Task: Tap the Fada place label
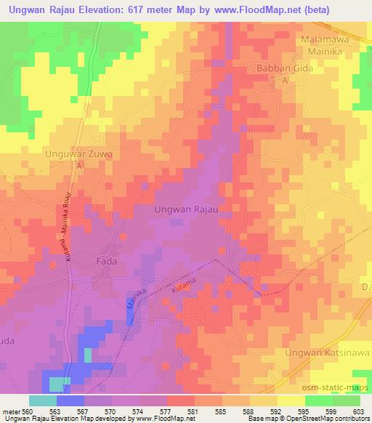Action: [x=108, y=261]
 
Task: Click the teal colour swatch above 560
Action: [x=42, y=400]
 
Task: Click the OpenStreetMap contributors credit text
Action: [x=328, y=419]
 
